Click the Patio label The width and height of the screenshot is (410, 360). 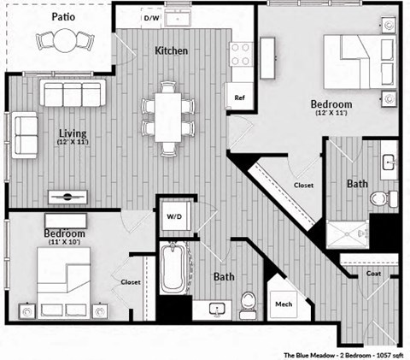[x=61, y=16]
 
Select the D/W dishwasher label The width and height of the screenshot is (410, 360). [x=151, y=18]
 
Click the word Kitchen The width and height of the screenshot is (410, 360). [x=171, y=51]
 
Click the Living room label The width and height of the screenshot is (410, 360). [x=73, y=132]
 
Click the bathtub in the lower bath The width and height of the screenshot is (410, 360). [x=174, y=269]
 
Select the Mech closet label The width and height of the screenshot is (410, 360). [x=283, y=304]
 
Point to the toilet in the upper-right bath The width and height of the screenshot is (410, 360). [x=379, y=198]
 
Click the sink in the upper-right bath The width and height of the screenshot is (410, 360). [x=389, y=162]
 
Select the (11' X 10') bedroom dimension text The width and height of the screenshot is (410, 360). [x=64, y=244]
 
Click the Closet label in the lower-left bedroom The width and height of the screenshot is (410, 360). [x=131, y=281]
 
